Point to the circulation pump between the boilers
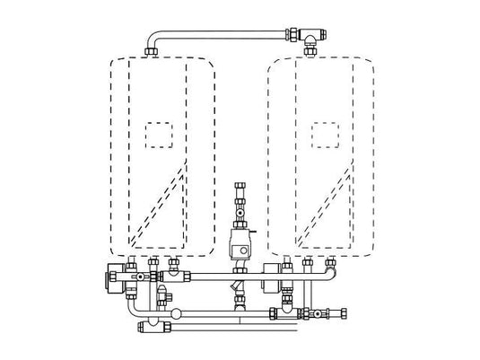point(241,241)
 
